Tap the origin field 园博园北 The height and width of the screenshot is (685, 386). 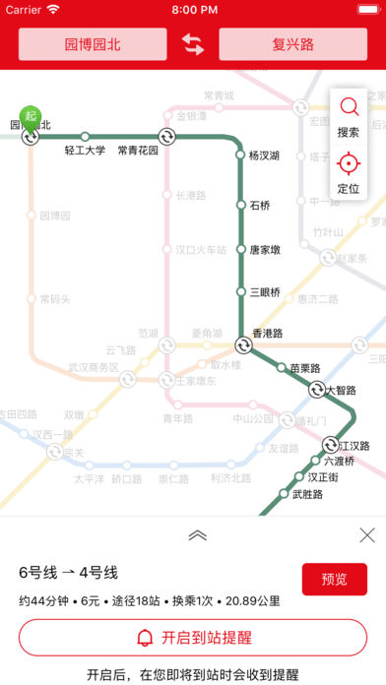(92, 44)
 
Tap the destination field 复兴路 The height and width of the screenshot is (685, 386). (292, 44)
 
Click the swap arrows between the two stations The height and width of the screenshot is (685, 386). (193, 44)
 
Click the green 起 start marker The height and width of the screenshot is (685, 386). (31, 116)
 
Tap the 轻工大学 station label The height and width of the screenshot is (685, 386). (85, 151)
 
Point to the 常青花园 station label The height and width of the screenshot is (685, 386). (138, 151)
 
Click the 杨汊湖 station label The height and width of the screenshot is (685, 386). (264, 155)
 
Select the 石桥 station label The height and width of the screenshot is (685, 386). (259, 205)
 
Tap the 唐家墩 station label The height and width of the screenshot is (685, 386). (265, 249)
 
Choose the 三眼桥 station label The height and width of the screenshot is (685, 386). (265, 291)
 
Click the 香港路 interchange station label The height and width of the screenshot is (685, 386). (268, 334)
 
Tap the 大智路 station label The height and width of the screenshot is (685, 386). (342, 390)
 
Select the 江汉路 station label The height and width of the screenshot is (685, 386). (353, 446)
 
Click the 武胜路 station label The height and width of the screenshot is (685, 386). (307, 494)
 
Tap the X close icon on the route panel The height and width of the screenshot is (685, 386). (366, 535)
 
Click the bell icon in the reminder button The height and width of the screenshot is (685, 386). (145, 637)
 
